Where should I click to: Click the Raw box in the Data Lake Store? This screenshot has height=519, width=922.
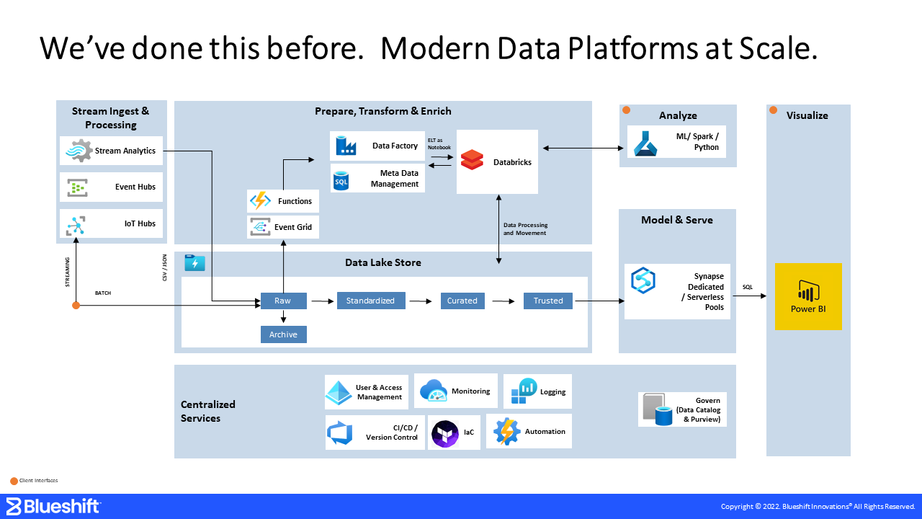coord(283,301)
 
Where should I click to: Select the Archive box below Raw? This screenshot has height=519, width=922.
coord(283,334)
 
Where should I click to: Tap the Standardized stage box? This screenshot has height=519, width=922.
coord(370,301)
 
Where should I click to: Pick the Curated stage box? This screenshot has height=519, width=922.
coord(462,301)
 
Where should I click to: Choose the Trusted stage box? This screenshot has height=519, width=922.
coord(548,301)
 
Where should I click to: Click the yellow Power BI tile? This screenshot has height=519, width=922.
coord(808,296)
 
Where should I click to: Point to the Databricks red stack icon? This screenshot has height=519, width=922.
coord(472,160)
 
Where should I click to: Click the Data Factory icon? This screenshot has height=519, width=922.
coord(346,146)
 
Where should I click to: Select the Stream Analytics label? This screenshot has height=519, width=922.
coord(125,151)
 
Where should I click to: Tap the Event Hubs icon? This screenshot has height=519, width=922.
coord(77,187)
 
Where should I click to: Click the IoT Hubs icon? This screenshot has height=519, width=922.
coord(76,224)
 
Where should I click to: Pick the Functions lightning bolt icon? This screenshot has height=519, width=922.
coord(259,201)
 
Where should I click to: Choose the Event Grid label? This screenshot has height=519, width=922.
coord(293,227)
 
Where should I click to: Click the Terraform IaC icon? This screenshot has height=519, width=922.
coord(445,432)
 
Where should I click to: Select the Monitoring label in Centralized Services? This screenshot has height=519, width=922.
coord(470,391)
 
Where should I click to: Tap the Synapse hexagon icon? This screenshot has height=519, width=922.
coord(643,280)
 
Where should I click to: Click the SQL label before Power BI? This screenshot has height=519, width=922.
coord(748,288)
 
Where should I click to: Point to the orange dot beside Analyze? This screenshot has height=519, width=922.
coord(627,110)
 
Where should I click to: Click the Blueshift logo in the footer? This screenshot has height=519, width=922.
coord(53,506)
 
